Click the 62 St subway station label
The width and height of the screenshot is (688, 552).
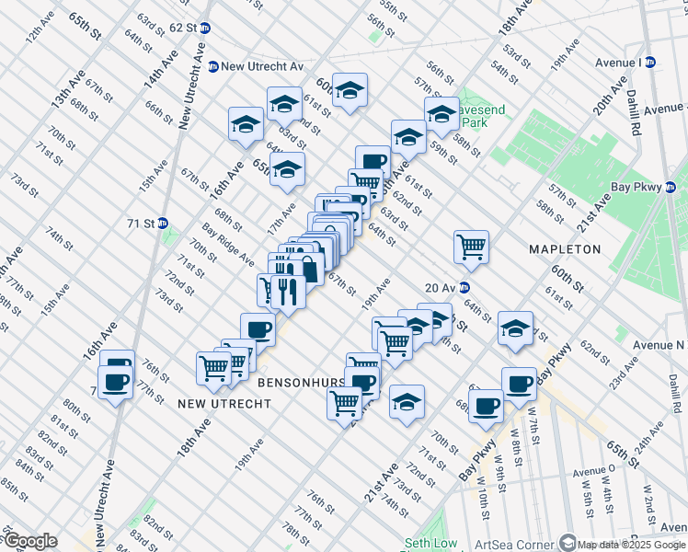[182, 28]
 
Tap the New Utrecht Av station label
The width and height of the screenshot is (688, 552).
[255, 66]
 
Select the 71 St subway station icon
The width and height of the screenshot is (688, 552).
[163, 223]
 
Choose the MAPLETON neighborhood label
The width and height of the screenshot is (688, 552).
[564, 249]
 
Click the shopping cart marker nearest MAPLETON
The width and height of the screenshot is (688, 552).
[471, 246]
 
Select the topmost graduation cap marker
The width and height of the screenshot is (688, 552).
[350, 89]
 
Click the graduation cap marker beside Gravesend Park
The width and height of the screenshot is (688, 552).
[441, 113]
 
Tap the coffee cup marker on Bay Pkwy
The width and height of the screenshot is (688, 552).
[519, 383]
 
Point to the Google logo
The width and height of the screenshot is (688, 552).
[29, 541]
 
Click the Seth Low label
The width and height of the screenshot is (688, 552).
[430, 543]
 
